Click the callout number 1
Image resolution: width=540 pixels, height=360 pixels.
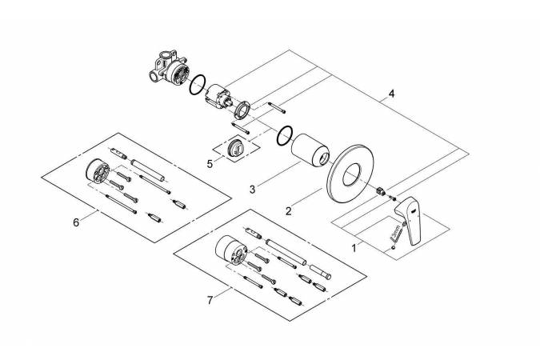tap(354, 249)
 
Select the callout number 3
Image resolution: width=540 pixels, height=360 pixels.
tap(252, 190)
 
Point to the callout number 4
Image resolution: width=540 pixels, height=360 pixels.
tap(391, 94)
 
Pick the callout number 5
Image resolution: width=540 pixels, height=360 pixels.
tap(210, 163)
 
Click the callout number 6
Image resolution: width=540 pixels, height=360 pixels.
tap(76, 222)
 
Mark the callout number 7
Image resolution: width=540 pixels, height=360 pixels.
tap(210, 300)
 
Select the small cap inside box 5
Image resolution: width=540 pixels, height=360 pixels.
tap(237, 149)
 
